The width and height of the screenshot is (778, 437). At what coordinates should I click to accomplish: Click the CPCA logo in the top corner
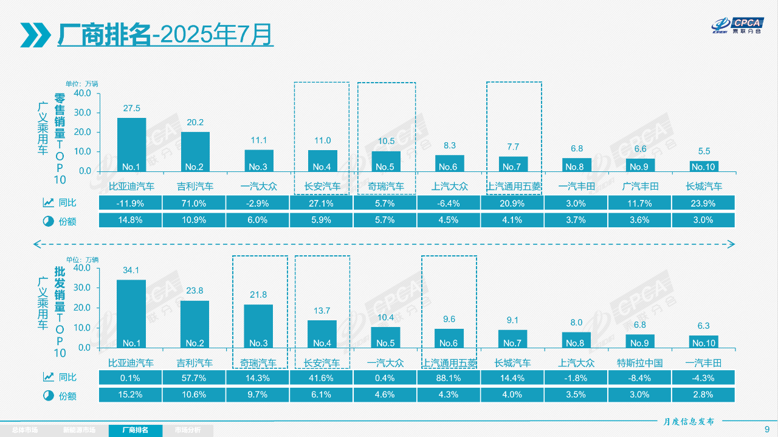(x=737, y=26)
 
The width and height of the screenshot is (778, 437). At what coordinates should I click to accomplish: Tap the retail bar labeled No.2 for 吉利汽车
(x=195, y=152)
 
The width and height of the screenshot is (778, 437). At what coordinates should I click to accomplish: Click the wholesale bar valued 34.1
(x=131, y=314)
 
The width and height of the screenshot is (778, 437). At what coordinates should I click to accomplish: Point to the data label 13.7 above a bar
(x=322, y=311)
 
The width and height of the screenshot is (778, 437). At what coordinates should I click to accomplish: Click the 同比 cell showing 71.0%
(x=195, y=204)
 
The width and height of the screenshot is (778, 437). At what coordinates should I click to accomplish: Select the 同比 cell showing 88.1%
(x=449, y=378)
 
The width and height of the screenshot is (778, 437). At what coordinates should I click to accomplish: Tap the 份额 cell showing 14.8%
(x=131, y=220)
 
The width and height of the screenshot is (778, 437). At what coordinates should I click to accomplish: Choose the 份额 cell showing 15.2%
(x=131, y=394)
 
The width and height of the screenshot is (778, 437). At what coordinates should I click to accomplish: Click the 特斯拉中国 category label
(x=639, y=363)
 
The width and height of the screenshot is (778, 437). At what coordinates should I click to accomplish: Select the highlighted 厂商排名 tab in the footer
(x=136, y=430)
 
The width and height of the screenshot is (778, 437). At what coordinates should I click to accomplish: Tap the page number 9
(x=766, y=429)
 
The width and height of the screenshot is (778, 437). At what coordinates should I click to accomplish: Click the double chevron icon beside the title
(x=36, y=35)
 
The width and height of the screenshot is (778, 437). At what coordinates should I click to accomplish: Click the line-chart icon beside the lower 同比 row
(x=48, y=377)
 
